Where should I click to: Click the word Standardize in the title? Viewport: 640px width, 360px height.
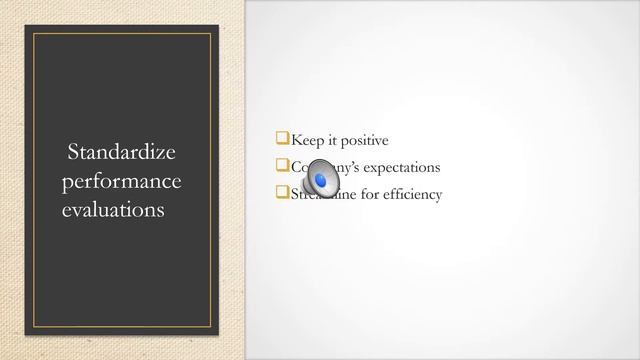click(x=121, y=153)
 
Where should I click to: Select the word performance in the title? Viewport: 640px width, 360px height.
click(x=121, y=182)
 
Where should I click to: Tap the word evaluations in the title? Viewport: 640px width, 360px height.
click(x=113, y=211)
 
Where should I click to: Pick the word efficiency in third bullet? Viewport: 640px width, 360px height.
click(x=411, y=194)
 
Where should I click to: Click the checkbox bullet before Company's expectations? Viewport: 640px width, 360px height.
click(x=282, y=167)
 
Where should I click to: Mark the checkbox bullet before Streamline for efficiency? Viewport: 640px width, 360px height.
click(x=282, y=193)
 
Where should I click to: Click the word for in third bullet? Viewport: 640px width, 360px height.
click(x=366, y=194)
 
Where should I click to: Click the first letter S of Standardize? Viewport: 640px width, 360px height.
click(x=73, y=153)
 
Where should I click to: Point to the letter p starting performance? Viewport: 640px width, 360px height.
click(x=67, y=184)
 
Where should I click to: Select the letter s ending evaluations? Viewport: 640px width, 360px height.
click(x=161, y=212)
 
